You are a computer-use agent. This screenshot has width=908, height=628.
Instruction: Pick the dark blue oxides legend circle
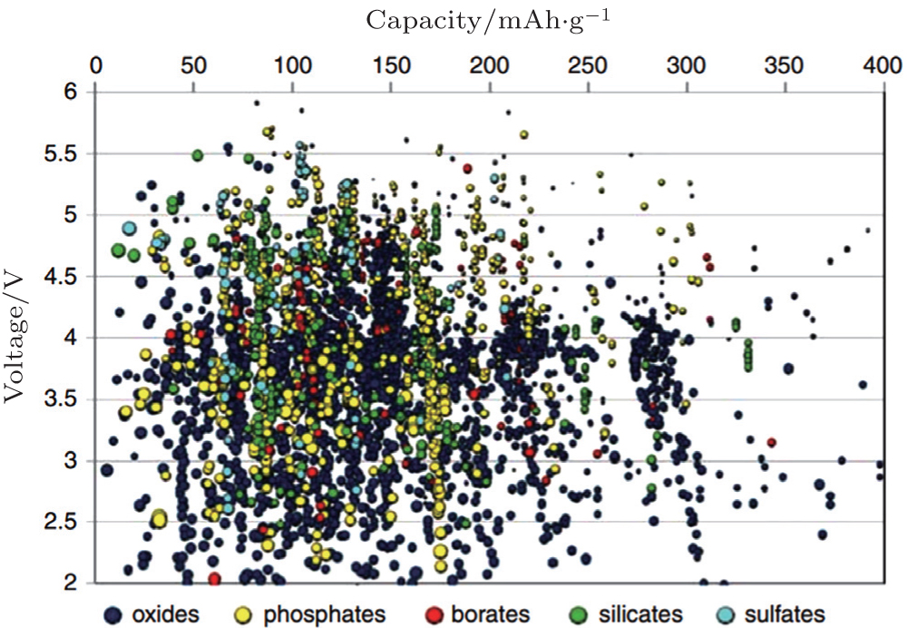click(114, 614)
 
